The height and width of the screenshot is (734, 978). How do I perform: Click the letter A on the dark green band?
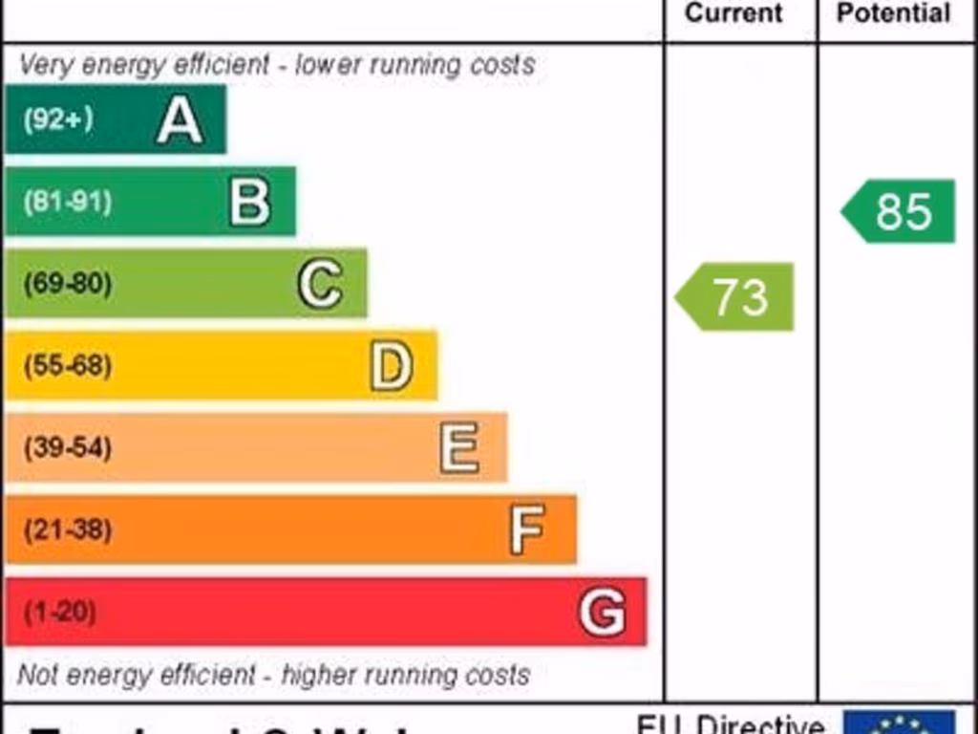(180, 120)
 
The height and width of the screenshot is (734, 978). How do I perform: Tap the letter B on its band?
(250, 202)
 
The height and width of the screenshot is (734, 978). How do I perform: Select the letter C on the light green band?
(320, 284)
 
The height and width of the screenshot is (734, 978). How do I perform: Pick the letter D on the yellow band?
(392, 366)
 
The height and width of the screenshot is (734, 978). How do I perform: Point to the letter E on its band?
(459, 447)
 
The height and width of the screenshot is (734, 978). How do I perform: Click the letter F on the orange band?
(527, 529)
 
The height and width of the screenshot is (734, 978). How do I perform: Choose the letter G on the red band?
(603, 612)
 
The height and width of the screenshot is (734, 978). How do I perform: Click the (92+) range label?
(58, 119)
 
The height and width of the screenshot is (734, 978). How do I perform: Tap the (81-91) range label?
(67, 202)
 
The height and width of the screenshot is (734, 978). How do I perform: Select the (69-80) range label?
(67, 284)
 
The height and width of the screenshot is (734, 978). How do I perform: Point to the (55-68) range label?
(67, 366)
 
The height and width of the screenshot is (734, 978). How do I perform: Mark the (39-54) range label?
(67, 447)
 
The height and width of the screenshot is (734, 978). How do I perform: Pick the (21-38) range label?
(67, 529)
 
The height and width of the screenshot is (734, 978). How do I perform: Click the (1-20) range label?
(59, 612)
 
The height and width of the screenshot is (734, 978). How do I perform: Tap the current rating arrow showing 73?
(735, 297)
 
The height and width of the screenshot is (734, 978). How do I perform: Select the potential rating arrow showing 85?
(900, 211)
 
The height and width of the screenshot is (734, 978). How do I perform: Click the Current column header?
(733, 13)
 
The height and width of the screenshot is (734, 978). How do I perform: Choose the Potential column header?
(893, 13)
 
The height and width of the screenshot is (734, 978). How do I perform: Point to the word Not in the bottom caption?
(36, 675)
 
